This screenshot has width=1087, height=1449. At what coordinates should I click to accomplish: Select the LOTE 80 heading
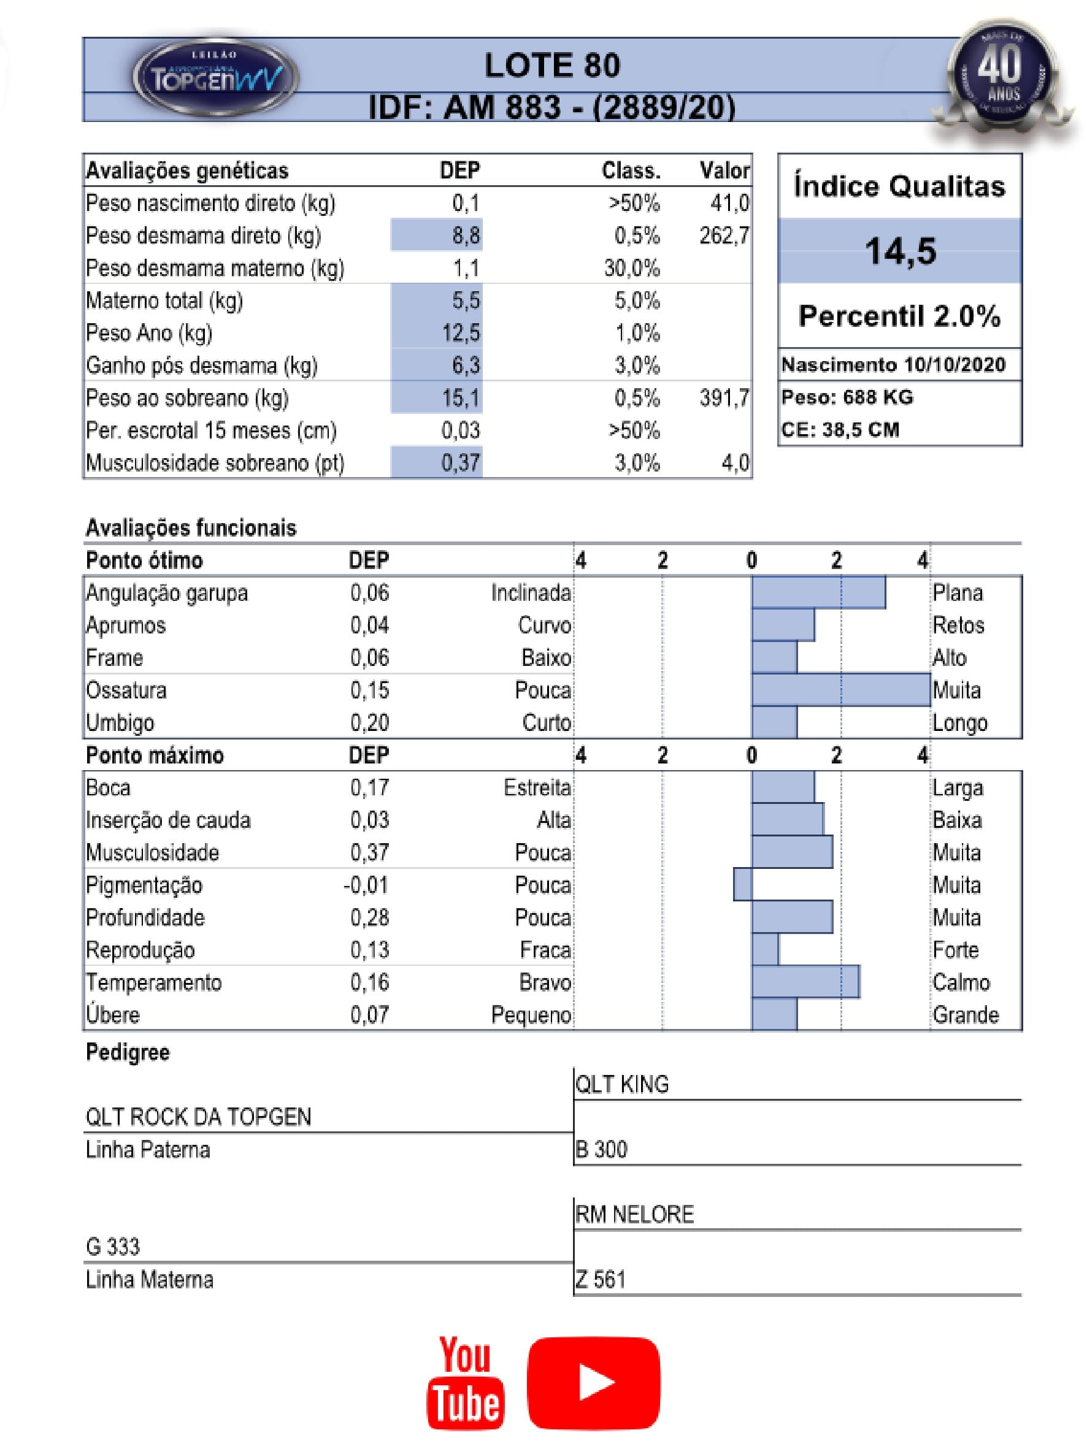(551, 66)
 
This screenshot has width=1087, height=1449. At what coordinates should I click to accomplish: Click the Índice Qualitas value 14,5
(900, 251)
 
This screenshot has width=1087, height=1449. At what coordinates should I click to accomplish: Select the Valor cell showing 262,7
(723, 235)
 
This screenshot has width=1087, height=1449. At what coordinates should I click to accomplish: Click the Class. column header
(631, 171)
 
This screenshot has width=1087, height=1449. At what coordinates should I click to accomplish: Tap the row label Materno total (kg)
(164, 300)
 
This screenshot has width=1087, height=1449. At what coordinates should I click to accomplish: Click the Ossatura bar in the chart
(840, 690)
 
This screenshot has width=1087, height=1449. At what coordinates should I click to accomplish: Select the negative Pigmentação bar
(742, 884)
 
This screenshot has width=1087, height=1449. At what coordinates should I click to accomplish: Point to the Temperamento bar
(805, 982)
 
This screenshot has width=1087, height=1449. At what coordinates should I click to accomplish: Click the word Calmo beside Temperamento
(961, 982)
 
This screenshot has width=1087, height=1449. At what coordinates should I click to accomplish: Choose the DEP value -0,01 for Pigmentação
(366, 885)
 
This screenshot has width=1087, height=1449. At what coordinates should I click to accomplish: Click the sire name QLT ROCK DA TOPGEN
(199, 1116)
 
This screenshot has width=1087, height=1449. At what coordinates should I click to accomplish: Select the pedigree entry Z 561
(600, 1279)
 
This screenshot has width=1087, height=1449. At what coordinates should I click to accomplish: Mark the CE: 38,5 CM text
(840, 430)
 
